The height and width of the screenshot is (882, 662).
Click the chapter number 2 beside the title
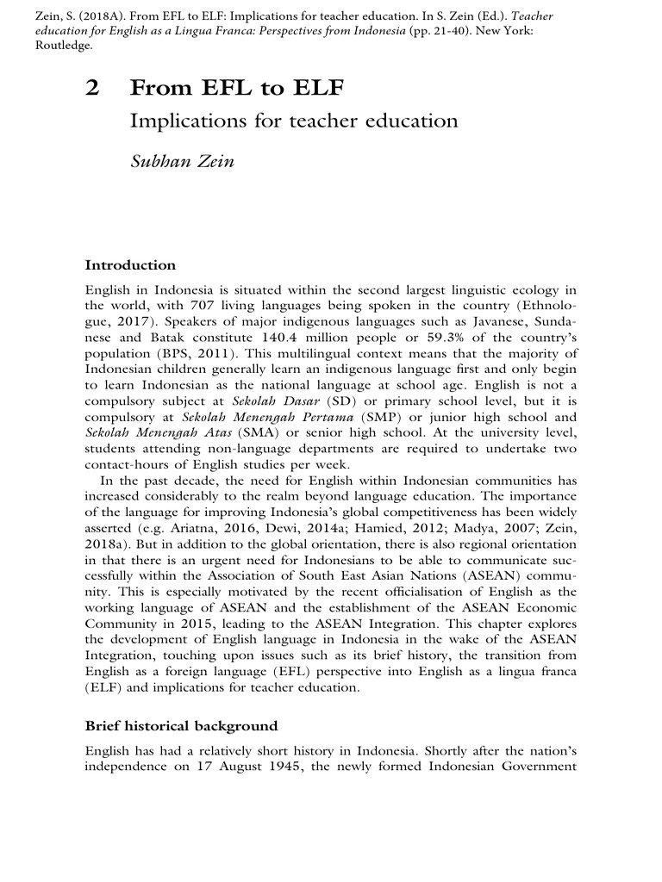92,88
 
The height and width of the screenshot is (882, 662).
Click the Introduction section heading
130,265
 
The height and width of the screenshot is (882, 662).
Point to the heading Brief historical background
181,726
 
